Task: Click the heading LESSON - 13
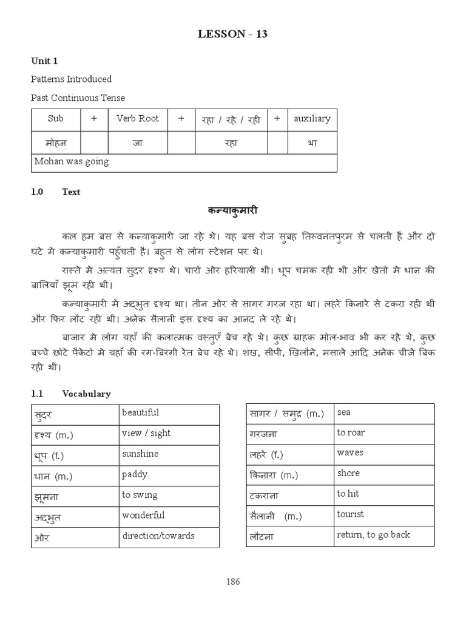232,34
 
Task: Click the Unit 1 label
44,61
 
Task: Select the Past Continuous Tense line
78,98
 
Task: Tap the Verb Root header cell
137,119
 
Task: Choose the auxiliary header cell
312,119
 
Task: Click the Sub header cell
55,119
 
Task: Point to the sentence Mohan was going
72,162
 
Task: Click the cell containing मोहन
55,144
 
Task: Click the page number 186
233,582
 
